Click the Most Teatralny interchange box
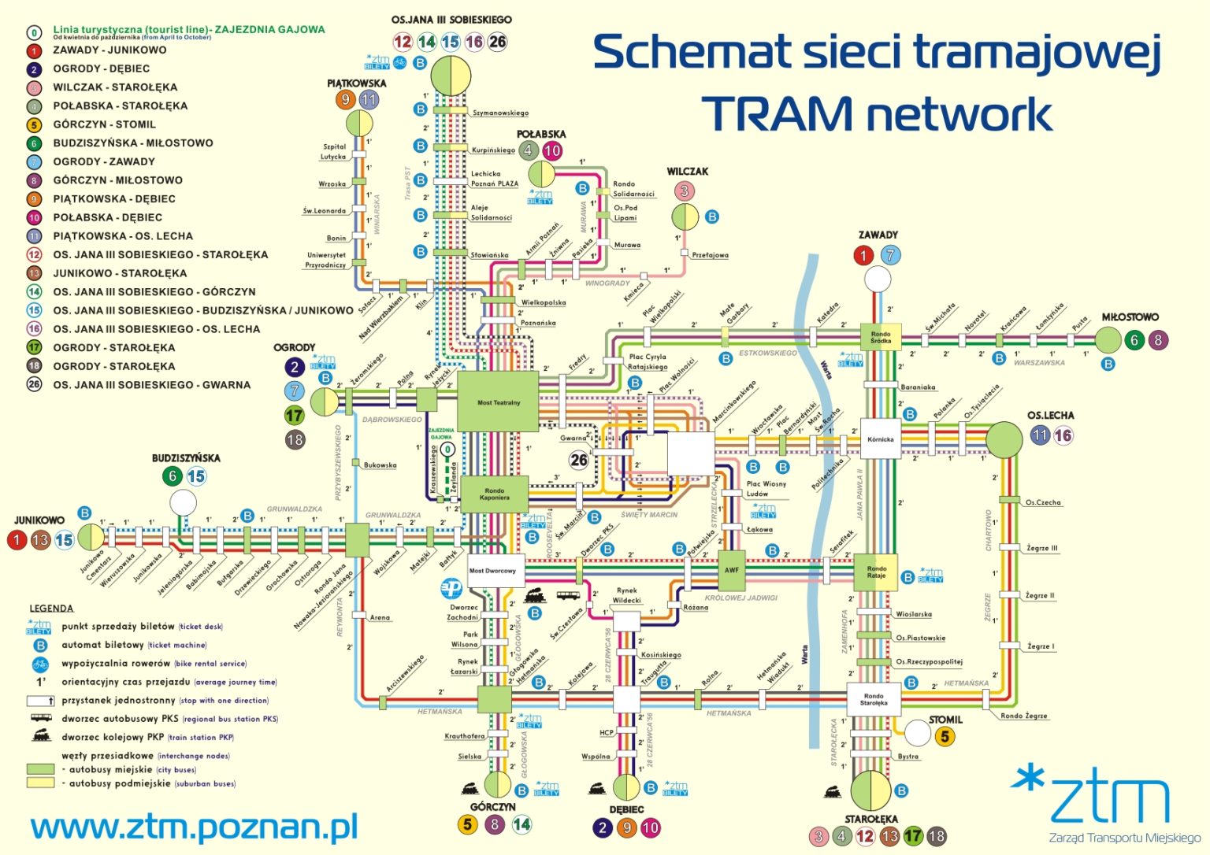[x=498, y=402]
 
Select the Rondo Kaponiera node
[x=494, y=494]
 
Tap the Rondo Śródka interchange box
[x=881, y=338]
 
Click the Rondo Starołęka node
[x=874, y=699]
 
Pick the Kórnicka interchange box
[x=880, y=439]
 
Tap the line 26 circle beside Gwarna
[x=579, y=460]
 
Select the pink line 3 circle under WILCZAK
[x=684, y=191]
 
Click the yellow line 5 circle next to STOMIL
[x=945, y=737]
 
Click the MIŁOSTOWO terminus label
[x=1130, y=317]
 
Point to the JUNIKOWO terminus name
[x=39, y=520]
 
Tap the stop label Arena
[x=380, y=617]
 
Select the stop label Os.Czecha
[x=1043, y=502]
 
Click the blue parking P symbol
[x=452, y=588]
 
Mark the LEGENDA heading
[x=51, y=609]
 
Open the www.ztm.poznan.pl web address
[x=194, y=827]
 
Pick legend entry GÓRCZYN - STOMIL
[x=104, y=124]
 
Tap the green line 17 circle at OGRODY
[x=295, y=416]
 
